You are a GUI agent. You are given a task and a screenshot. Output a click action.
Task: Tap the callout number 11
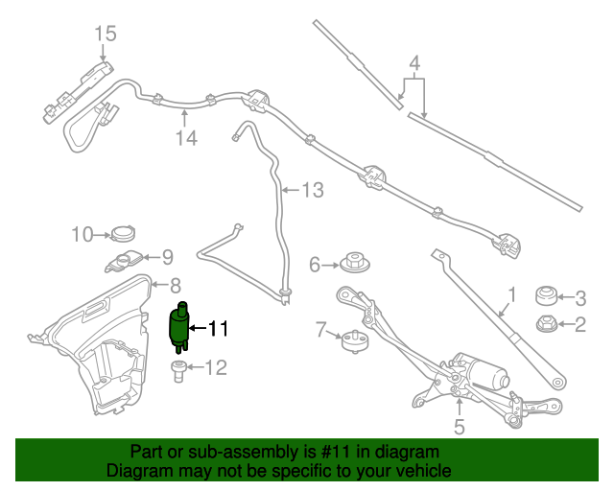coord(218,329)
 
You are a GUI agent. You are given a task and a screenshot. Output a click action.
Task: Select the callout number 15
coord(105,35)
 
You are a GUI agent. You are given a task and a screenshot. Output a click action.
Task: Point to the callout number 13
coord(313,190)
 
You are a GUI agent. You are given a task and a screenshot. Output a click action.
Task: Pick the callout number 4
coord(414,65)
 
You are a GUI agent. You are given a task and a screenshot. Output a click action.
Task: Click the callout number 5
coord(459,427)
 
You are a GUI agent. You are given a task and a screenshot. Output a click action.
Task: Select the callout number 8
coord(176,285)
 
